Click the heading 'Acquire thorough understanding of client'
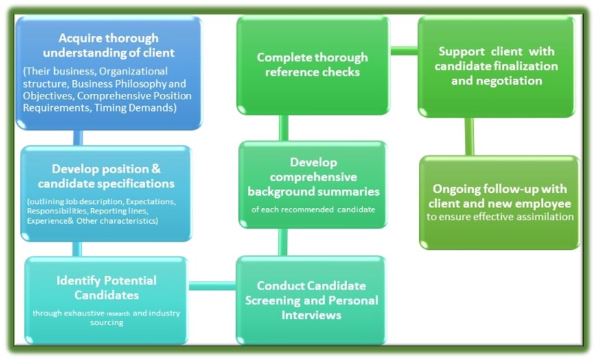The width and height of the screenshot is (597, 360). (x=108, y=45)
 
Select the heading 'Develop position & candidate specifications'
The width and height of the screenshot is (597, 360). (x=106, y=176)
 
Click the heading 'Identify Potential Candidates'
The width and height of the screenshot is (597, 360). (x=106, y=287)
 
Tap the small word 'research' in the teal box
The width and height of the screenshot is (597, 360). (x=118, y=314)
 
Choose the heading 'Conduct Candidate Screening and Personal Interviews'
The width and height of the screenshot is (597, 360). (x=312, y=300)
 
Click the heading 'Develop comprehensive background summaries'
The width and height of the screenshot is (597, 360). (x=314, y=177)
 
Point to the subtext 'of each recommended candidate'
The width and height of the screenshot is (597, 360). (x=313, y=209)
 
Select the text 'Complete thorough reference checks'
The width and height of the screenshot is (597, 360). (x=312, y=64)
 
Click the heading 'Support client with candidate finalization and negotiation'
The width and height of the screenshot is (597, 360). (x=496, y=66)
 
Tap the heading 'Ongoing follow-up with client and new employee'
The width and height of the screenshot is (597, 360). (x=500, y=196)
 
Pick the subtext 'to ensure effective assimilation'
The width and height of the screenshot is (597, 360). (x=500, y=217)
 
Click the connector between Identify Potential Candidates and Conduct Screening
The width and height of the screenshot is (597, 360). (x=212, y=286)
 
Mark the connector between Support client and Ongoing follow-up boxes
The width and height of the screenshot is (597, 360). (x=470, y=137)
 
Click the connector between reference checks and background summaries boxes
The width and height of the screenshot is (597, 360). (x=283, y=128)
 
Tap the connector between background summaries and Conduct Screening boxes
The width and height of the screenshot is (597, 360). (x=283, y=242)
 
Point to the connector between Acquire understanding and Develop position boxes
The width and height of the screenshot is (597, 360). (x=77, y=138)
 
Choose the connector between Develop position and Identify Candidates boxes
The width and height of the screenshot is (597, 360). (x=77, y=249)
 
